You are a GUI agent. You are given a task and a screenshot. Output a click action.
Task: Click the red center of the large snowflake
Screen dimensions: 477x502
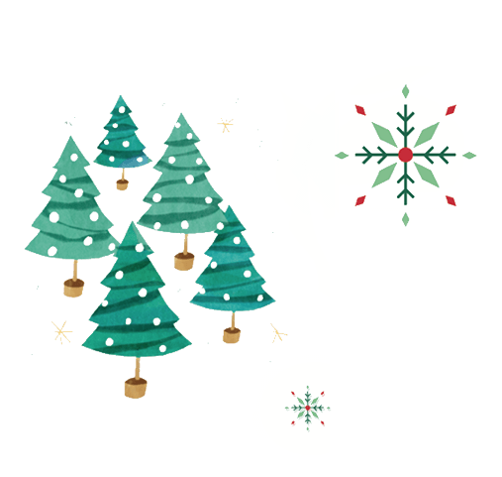(x=404, y=155)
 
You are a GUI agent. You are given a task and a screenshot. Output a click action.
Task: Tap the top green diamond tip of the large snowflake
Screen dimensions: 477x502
(x=405, y=91)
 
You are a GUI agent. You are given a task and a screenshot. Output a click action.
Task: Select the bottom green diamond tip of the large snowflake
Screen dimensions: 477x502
(x=405, y=218)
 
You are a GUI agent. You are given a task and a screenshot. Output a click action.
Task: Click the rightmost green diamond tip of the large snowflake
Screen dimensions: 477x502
(x=469, y=155)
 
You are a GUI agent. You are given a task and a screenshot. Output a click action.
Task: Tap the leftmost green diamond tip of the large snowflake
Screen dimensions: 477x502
(x=341, y=155)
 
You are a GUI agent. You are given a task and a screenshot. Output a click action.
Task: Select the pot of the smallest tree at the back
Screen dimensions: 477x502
(x=122, y=182)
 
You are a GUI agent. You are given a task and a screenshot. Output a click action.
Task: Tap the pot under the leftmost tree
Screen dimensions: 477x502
(x=74, y=288)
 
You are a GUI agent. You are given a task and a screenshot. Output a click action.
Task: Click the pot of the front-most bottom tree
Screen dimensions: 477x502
(x=137, y=386)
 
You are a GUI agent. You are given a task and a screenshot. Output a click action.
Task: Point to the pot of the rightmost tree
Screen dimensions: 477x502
(x=232, y=334)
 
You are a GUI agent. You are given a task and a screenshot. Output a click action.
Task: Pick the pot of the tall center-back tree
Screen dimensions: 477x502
(x=183, y=261)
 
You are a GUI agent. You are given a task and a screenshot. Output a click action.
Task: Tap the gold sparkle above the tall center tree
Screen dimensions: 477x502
(x=225, y=125)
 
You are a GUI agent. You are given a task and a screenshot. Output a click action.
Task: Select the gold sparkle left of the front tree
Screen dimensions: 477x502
(x=61, y=332)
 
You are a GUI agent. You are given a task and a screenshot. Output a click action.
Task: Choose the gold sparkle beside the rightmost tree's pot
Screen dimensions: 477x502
(x=277, y=333)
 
